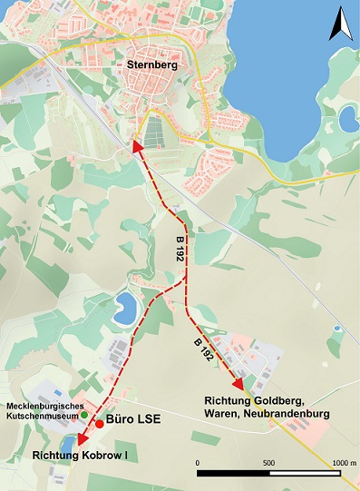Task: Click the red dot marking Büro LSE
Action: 99,423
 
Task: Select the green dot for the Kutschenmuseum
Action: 84,415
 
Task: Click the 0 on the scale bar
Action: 198,462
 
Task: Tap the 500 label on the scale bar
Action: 268,462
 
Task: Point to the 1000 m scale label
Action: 340,462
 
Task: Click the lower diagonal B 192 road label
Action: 204,349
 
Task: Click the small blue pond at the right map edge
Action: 346,115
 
